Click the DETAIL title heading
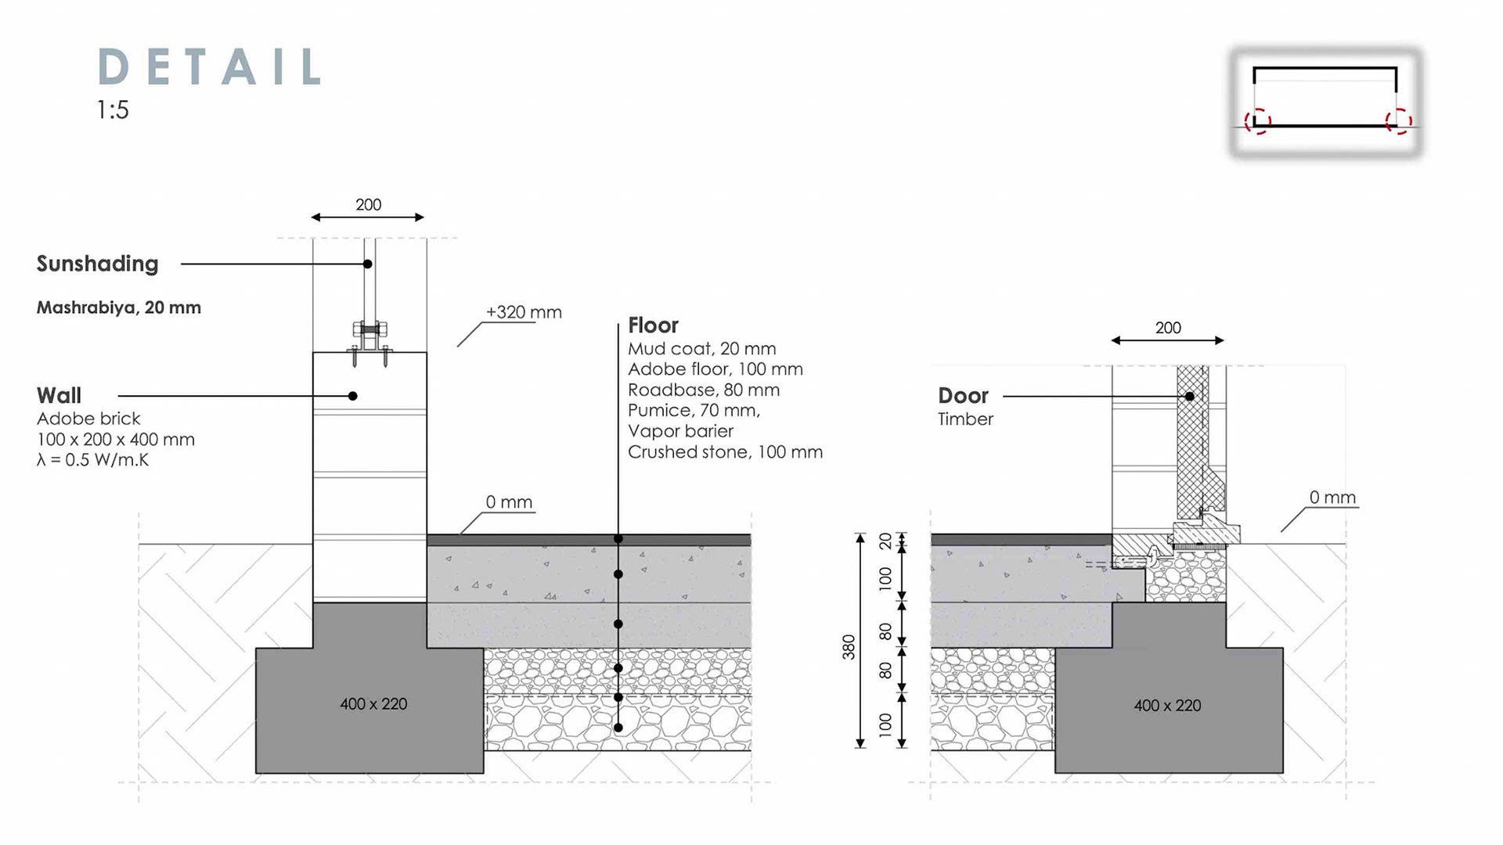pyautogui.click(x=210, y=67)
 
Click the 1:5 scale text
pyautogui.click(x=113, y=110)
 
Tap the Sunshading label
pyautogui.click(x=97, y=264)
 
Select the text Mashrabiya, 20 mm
pyautogui.click(x=119, y=307)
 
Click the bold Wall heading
pyautogui.click(x=59, y=395)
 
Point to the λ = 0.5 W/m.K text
pyautogui.click(x=92, y=460)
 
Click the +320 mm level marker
pyautogui.click(x=524, y=312)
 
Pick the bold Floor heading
pyautogui.click(x=653, y=325)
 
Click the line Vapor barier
pyautogui.click(x=680, y=431)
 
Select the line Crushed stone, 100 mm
pyautogui.click(x=725, y=452)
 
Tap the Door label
pyautogui.click(x=963, y=395)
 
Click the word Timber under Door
pyautogui.click(x=965, y=419)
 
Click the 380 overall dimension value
pyautogui.click(x=849, y=647)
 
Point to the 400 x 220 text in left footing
pyautogui.click(x=373, y=704)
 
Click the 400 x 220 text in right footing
pyautogui.click(x=1167, y=706)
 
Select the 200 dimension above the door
pyautogui.click(x=1168, y=328)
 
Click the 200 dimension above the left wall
pyautogui.click(x=368, y=205)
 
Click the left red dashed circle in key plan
pyautogui.click(x=1257, y=122)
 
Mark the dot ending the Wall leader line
pyautogui.click(x=353, y=396)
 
